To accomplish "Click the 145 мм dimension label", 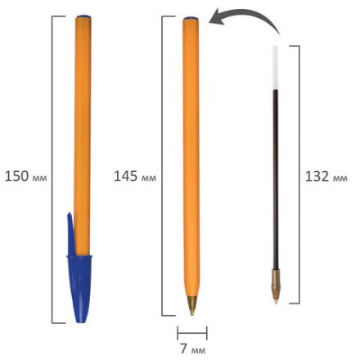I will point(134,176).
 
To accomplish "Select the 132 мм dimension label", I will point(326,176).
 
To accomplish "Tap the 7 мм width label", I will point(192,349).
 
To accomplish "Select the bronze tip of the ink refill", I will point(275,290).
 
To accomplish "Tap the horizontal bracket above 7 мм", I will point(192,331).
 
